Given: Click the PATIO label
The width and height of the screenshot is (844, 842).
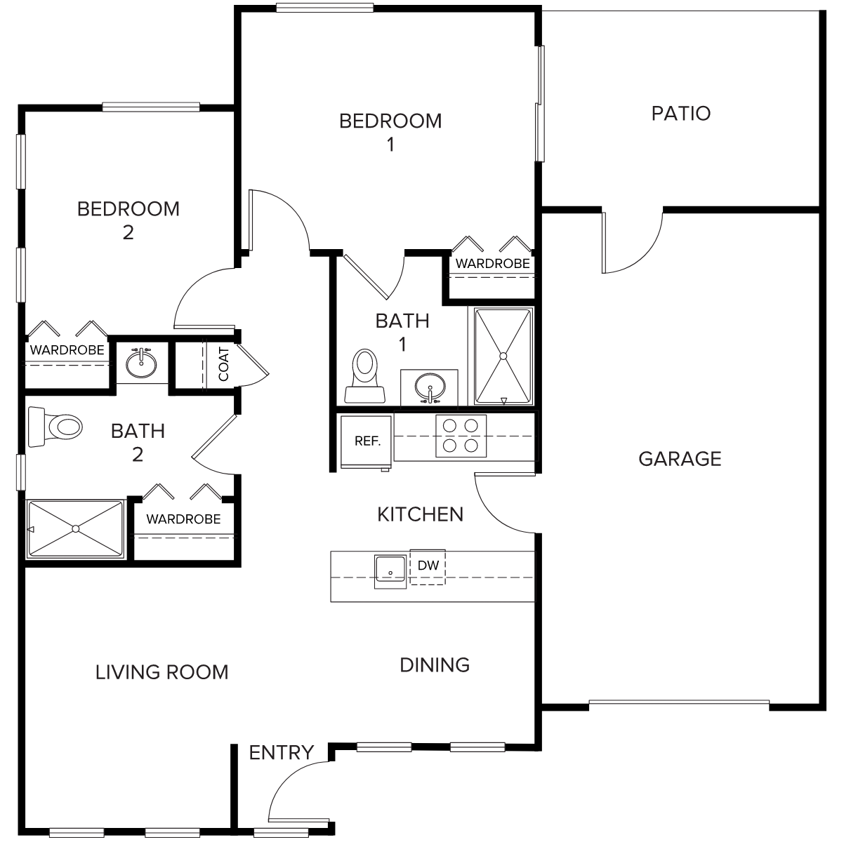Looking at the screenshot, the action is [680, 114].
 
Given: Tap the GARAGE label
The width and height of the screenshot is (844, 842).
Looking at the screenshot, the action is [680, 459].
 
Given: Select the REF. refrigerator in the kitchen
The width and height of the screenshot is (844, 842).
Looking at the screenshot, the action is [366, 441].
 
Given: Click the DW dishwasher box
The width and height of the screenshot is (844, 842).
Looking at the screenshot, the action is [428, 567].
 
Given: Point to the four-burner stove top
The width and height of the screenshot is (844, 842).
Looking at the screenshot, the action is [461, 436].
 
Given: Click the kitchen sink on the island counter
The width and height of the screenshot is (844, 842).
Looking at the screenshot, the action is [390, 571].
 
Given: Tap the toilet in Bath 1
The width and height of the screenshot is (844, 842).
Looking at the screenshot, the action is [365, 375].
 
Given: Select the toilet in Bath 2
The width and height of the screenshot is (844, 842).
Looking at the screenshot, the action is [55, 427].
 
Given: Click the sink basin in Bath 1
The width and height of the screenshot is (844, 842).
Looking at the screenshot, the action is [430, 387].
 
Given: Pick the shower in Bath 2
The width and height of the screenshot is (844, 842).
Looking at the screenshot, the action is [76, 529].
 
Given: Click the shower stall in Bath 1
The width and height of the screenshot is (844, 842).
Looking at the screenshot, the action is [503, 356].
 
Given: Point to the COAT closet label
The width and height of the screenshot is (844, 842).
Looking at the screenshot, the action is [223, 364].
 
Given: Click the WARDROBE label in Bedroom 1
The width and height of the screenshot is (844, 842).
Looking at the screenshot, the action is [493, 264].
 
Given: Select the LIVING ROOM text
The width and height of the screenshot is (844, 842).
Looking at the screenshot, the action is [162, 672].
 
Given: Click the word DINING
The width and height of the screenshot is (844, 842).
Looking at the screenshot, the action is [435, 665].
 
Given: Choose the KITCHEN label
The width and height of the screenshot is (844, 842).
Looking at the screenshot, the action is [421, 514].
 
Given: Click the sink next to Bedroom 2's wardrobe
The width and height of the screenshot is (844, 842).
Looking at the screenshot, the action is [141, 363].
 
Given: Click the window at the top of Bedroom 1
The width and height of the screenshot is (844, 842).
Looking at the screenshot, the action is [324, 8].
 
